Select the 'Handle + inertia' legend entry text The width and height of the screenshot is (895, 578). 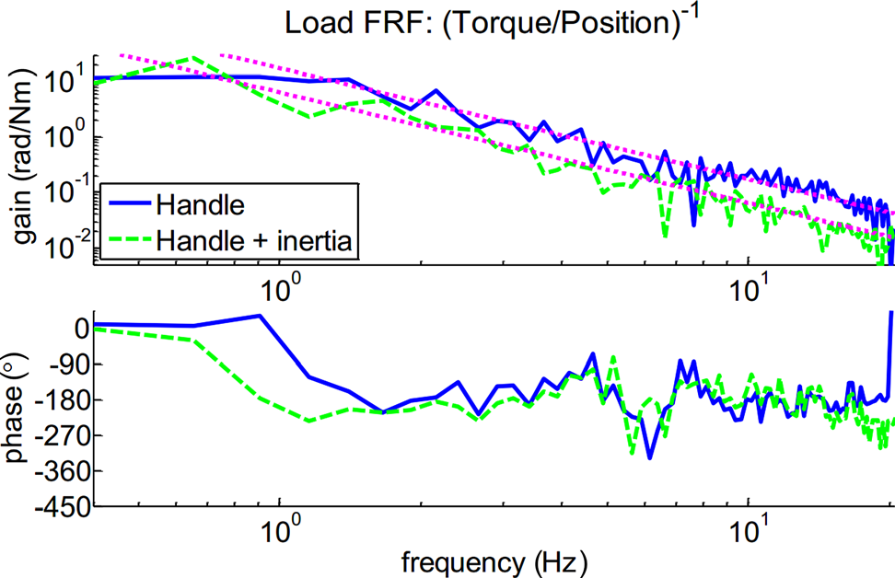pyautogui.click(x=253, y=238)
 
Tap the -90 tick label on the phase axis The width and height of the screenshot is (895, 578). pyautogui.click(x=68, y=364)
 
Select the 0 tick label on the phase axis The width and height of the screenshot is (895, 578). pyautogui.click(x=80, y=328)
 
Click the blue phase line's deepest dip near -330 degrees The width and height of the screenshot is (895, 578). pyautogui.click(x=650, y=457)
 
